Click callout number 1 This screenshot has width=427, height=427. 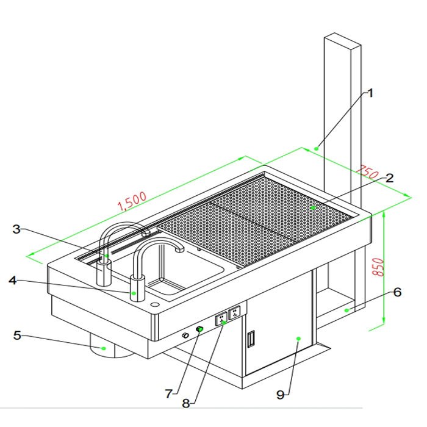[x=370, y=93]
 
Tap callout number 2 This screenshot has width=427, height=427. [x=389, y=179]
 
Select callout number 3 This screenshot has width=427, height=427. [x=17, y=229]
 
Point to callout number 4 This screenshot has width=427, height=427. [x=12, y=281]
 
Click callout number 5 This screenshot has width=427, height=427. [x=17, y=335]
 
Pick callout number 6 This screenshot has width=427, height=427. [x=397, y=292]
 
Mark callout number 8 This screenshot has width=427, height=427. [x=187, y=403]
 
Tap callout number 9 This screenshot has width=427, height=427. [x=281, y=395]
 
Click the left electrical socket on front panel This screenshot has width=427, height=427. [x=220, y=318]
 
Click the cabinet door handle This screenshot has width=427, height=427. [x=250, y=339]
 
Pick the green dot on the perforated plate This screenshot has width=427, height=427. [x=313, y=208]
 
